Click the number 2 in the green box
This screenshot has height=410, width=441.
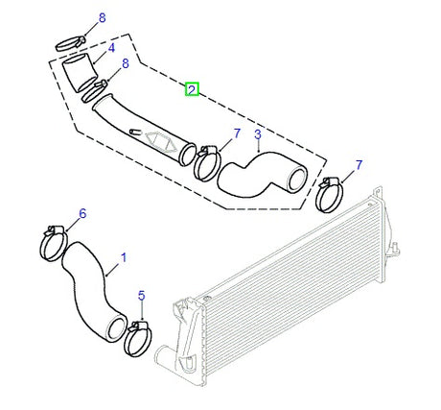pos(192,89)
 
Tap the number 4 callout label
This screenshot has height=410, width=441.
pos(111,48)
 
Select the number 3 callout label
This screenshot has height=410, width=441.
pos(258,134)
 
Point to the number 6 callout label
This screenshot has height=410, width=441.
pos(82,213)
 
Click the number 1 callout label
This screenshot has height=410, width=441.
pos(124,257)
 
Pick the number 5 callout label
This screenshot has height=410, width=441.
pos(142,296)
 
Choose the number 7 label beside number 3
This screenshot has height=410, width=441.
pos(237,133)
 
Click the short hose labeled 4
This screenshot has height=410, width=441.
pos(80,73)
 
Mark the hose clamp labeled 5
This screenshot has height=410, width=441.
pos(138,339)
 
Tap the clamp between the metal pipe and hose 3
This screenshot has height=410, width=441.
pos(207,163)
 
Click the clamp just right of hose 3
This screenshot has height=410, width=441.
pos(329,195)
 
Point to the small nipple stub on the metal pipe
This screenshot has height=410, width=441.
pos(135,132)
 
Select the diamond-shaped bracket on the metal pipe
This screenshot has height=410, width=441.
pos(161,141)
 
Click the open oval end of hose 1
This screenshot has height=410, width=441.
pos(116,327)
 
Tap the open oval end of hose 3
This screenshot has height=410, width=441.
pos(297,181)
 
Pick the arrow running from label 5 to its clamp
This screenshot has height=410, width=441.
pos(141,311)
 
